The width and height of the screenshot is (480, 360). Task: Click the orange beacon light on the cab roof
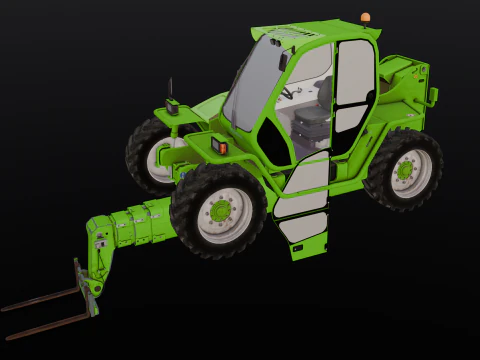click(x=365, y=18)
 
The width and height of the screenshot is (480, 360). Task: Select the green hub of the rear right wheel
click(x=405, y=170)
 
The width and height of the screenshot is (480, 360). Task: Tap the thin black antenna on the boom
click(x=170, y=88)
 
